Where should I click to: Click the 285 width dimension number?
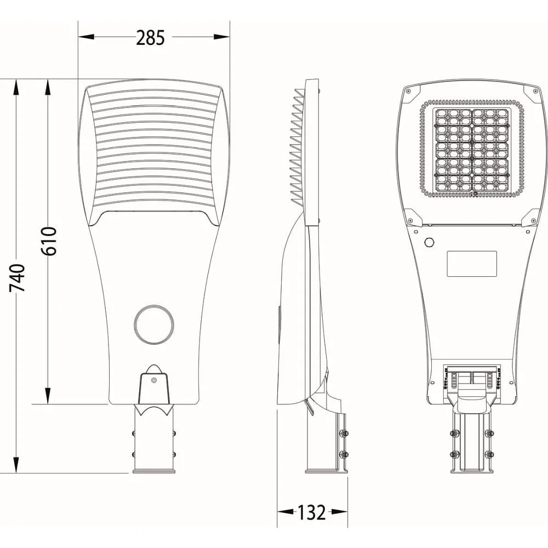click(x=150, y=38)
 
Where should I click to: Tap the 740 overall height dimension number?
click(x=17, y=278)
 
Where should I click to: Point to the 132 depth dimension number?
click(x=311, y=512)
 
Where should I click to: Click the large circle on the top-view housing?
click(x=154, y=324)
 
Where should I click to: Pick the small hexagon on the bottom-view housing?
click(x=429, y=242)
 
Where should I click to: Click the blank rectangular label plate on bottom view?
click(x=472, y=264)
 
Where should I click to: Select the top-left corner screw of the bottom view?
click(x=408, y=92)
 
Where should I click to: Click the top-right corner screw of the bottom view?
click(x=535, y=91)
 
